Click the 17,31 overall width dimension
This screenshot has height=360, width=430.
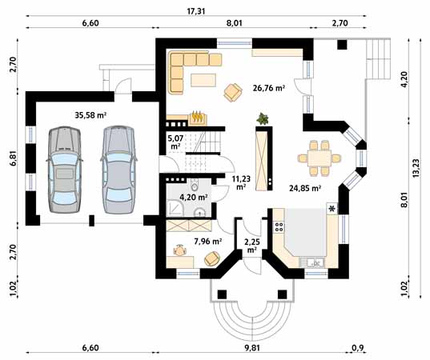pyautogui.click(x=196, y=11)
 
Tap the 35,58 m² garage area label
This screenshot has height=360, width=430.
pyautogui.click(x=90, y=115)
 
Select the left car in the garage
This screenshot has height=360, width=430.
pyautogui.click(x=64, y=170)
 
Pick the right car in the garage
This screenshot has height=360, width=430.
pyautogui.click(x=119, y=170)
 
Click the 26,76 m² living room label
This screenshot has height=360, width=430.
pyautogui.click(x=268, y=88)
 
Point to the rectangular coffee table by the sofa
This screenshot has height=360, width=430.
pyautogui.click(x=203, y=80)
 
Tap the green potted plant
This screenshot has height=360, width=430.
pyautogui.click(x=263, y=119)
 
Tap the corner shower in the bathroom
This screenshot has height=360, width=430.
pyautogui.click(x=175, y=207)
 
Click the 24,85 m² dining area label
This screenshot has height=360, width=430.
pyautogui.click(x=305, y=188)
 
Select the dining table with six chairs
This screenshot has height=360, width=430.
pyautogui.click(x=319, y=158)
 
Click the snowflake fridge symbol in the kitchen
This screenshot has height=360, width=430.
pyautogui.click(x=332, y=209)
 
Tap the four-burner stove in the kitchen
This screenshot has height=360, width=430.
pyautogui.click(x=279, y=226)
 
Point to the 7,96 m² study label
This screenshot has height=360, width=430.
pyautogui.click(x=208, y=242)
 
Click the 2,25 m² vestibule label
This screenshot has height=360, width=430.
pyautogui.click(x=252, y=246)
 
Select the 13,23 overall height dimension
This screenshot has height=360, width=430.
pyautogui.click(x=417, y=168)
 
